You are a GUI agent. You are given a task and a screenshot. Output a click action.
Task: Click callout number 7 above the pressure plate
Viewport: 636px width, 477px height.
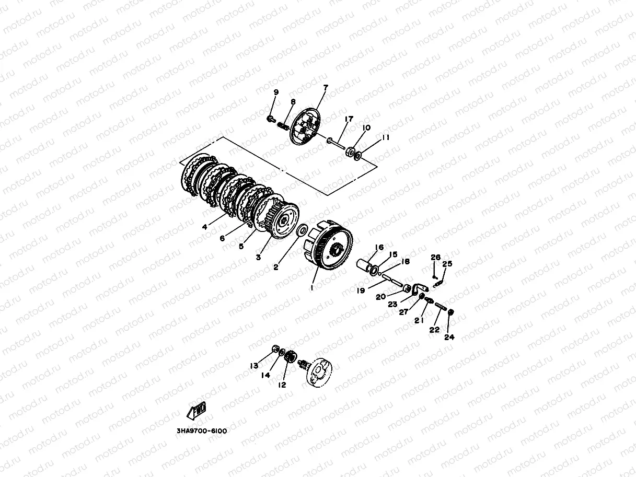(326, 87)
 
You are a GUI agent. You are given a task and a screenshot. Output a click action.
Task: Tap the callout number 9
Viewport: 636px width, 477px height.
(276, 92)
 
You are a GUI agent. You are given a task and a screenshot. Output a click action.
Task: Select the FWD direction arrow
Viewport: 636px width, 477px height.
(196, 411)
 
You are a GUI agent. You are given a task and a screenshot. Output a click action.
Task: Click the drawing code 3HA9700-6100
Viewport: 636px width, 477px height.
(202, 431)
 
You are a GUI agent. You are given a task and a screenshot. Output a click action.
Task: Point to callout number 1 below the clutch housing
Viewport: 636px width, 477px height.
(312, 288)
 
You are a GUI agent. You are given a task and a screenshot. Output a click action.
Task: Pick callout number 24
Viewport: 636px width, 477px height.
(449, 337)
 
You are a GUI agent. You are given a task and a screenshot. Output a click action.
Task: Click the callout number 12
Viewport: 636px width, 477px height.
(282, 385)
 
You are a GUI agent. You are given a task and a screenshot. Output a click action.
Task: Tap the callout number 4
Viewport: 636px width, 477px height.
(204, 227)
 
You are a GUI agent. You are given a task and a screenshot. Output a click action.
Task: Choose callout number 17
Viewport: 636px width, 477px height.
(349, 119)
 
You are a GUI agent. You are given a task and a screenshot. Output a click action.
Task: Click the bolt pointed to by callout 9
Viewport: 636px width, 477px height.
(271, 119)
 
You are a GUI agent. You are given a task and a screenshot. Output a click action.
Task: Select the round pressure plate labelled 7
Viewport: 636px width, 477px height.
(306, 126)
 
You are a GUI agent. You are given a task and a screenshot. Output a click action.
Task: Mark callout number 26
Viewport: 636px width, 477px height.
(435, 257)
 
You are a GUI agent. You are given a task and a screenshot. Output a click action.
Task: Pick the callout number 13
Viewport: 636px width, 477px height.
(254, 366)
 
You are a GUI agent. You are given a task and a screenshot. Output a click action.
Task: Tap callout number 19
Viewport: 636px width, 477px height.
(361, 290)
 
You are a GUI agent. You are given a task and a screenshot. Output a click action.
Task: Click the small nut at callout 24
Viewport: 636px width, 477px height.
(450, 312)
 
